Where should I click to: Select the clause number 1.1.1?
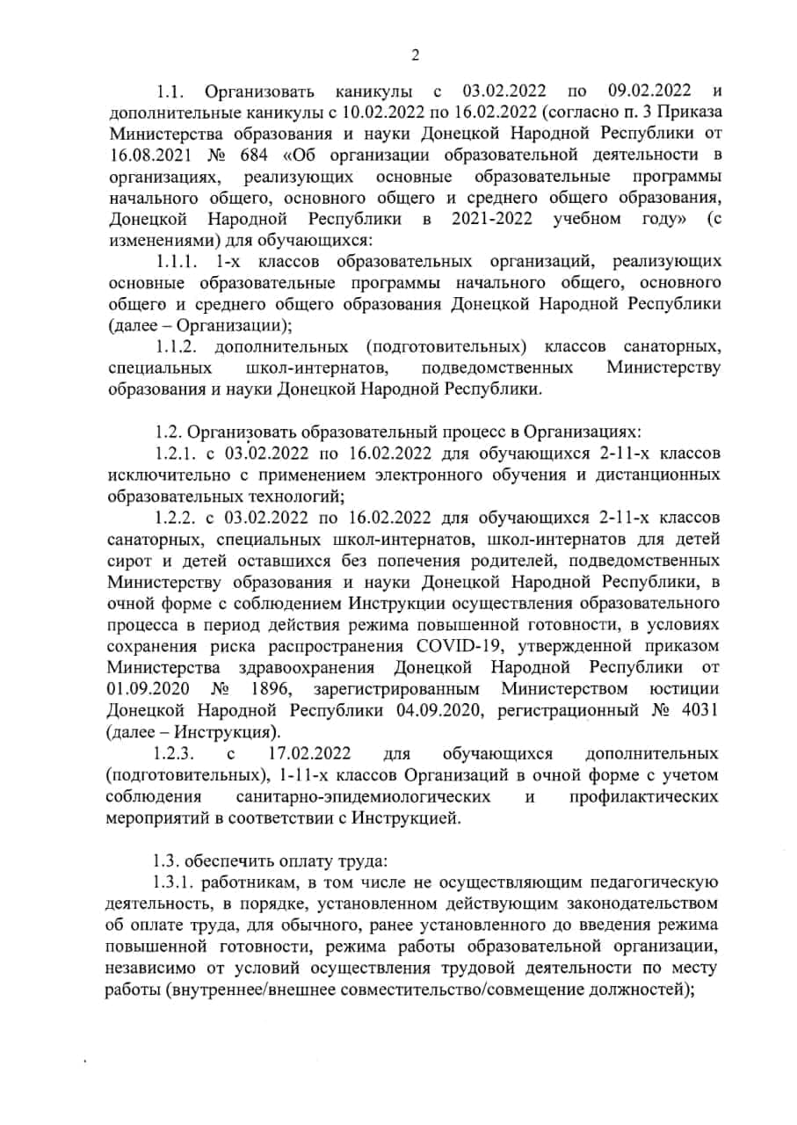point(179,261)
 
